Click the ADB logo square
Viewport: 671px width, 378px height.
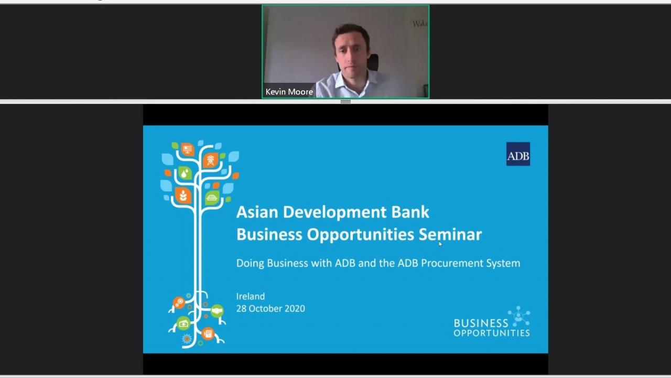pos(518,154)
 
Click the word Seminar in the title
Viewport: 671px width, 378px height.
pos(450,234)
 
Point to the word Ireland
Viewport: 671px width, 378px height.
pos(251,296)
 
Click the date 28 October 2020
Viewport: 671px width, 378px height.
pos(270,308)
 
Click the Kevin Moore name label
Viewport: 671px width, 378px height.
pos(289,92)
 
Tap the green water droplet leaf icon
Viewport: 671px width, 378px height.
pos(185,173)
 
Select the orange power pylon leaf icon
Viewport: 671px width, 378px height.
pos(211,160)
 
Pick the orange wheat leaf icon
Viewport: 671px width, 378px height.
pos(183,195)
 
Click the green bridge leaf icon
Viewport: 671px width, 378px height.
pos(212,198)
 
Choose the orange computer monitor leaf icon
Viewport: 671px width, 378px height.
pos(188,149)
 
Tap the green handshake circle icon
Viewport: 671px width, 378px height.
pos(217,311)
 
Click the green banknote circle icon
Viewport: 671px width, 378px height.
pos(183,323)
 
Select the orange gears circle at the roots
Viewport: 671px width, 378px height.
pos(179,302)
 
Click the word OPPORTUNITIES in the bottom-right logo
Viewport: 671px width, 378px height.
pos(492,333)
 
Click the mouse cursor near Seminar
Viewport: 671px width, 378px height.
pos(440,244)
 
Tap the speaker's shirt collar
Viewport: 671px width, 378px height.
pos(351,80)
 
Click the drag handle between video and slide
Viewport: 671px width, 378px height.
pos(345,102)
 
